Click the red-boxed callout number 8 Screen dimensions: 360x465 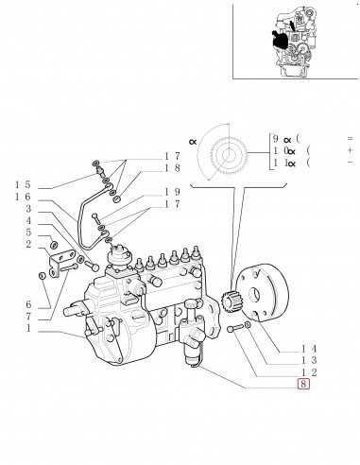click(x=303, y=384)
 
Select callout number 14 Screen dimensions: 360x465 click(x=309, y=349)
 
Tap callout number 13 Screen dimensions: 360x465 click(x=309, y=360)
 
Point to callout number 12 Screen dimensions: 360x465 click(x=309, y=372)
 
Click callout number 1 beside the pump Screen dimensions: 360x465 click(x=28, y=328)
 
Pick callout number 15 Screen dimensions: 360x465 click(x=23, y=184)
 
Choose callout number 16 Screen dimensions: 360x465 click(x=23, y=197)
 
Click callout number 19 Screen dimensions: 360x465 click(x=172, y=192)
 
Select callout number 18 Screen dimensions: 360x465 click(x=172, y=168)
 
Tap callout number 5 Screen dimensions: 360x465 click(x=28, y=232)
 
